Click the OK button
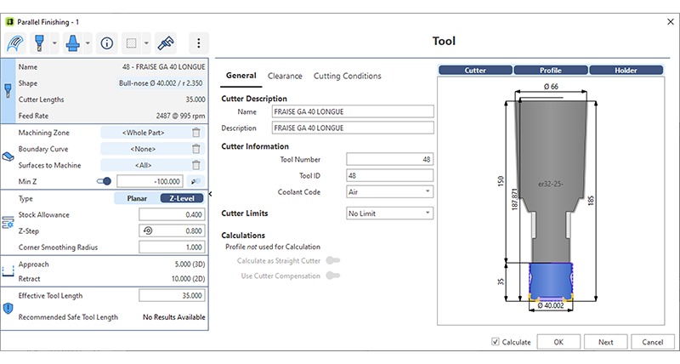point(558,342)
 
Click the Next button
point(605,342)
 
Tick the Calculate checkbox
point(496,342)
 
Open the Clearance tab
point(285,76)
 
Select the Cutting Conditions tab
point(347,76)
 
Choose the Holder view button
point(626,71)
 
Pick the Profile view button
point(550,71)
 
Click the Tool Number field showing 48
point(389,159)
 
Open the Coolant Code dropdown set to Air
point(389,191)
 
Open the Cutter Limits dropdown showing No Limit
point(389,213)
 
